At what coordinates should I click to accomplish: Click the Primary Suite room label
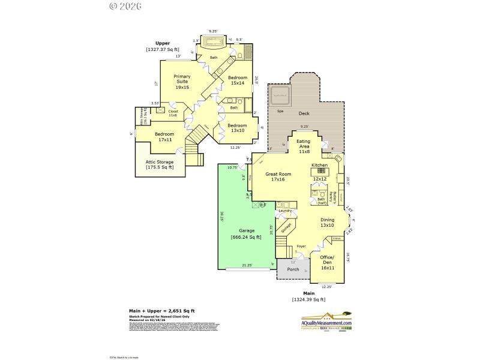click(182, 82)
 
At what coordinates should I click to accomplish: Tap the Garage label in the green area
click(246, 233)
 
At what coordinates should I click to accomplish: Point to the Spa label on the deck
click(280, 112)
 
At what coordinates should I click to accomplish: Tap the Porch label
click(293, 269)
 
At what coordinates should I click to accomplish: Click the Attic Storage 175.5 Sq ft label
click(160, 164)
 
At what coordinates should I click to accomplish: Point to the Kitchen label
click(319, 165)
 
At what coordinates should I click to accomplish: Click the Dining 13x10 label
click(327, 223)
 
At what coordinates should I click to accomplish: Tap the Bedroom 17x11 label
click(164, 136)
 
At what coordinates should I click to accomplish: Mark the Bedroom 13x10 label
click(236, 128)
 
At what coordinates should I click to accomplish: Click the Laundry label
click(285, 211)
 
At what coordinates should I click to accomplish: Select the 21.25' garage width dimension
click(246, 265)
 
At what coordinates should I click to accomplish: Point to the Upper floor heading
click(163, 43)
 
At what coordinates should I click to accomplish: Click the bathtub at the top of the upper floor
click(212, 42)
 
